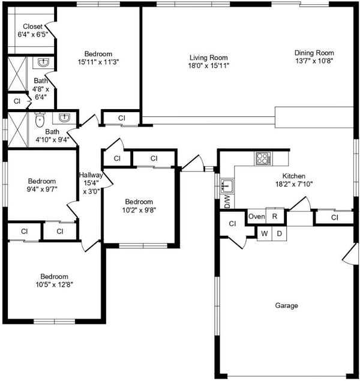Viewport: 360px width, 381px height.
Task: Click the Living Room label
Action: [209, 58]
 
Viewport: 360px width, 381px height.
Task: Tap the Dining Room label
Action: [314, 53]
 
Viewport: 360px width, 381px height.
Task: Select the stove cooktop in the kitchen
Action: [263, 158]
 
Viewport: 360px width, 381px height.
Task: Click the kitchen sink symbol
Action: [227, 186]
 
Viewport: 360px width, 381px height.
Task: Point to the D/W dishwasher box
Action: [227, 202]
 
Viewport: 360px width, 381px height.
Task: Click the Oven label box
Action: [257, 216]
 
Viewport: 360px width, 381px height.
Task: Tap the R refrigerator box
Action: [275, 216]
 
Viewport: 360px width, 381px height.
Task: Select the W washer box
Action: [264, 233]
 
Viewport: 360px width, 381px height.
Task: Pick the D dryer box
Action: [280, 233]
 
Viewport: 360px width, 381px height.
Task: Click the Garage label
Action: [286, 305]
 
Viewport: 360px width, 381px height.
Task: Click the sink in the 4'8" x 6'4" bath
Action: [43, 62]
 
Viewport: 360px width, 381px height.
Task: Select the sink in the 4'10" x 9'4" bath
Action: [64, 118]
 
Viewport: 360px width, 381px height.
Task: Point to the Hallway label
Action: [91, 175]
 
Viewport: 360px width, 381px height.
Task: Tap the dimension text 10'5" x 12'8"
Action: [55, 284]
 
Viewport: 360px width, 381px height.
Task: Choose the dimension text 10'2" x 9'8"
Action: [139, 210]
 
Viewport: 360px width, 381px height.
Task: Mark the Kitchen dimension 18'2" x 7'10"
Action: [294, 184]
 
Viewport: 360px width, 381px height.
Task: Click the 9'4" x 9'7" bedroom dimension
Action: [42, 189]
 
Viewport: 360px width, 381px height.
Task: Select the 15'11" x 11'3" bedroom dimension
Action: [98, 62]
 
